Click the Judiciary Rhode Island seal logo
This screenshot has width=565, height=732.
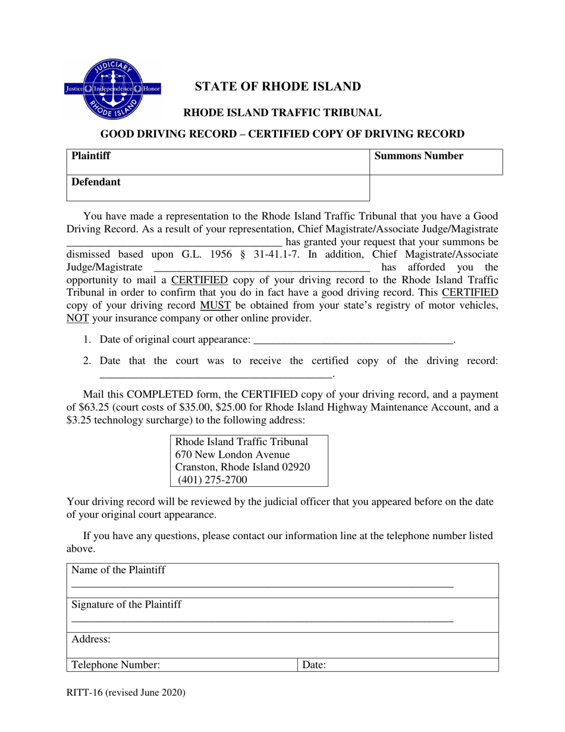[x=112, y=89]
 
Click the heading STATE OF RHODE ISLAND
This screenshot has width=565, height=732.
[x=278, y=86]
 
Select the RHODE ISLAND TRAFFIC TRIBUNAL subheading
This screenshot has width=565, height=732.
[x=282, y=112]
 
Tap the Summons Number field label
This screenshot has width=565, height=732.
[x=419, y=157]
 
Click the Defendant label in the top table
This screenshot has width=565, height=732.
[x=96, y=182]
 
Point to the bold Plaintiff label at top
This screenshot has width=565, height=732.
[x=91, y=157]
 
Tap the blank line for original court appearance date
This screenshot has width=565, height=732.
[x=353, y=341]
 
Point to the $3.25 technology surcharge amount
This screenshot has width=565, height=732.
[x=80, y=420]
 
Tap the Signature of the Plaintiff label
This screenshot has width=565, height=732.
[x=127, y=605]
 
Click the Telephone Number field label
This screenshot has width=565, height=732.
[x=115, y=665]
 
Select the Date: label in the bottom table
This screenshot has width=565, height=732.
[x=314, y=665]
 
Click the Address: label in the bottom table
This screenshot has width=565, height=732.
[x=91, y=639]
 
